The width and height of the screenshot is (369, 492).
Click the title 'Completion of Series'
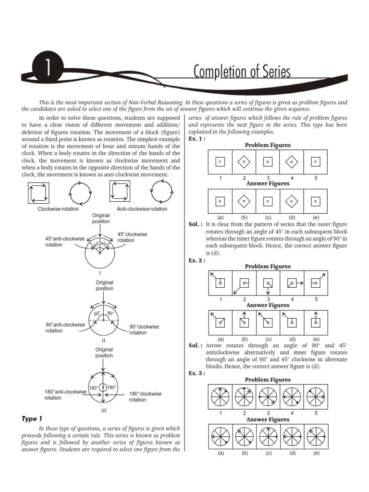pyautogui.click(x=242, y=72)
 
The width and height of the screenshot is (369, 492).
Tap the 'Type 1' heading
pyautogui.click(x=32, y=419)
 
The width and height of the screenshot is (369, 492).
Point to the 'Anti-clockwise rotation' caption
pyautogui.click(x=142, y=209)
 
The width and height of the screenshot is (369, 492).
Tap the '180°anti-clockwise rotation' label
pyautogui.click(x=65, y=394)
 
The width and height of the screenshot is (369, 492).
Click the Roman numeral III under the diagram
pyautogui.click(x=103, y=411)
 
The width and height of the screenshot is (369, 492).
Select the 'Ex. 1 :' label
pyautogui.click(x=197, y=139)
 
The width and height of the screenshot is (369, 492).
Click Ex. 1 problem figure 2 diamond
pyautogui.click(x=244, y=162)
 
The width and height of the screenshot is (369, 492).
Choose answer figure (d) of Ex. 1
pyautogui.click(x=292, y=201)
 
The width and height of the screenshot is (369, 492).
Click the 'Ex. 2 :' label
pyautogui.click(x=197, y=260)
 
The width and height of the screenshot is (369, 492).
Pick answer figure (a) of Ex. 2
pyautogui.click(x=220, y=322)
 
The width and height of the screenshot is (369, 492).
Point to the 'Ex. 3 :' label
pyautogui.click(x=197, y=373)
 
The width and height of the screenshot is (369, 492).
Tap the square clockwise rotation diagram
pyautogui.click(x=37, y=194)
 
